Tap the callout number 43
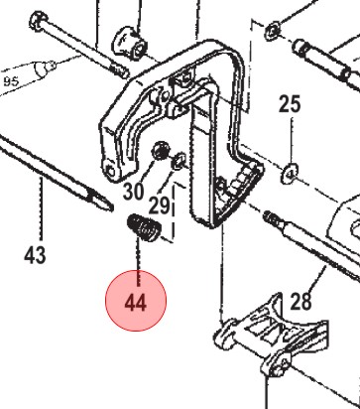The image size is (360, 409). (x=35, y=255)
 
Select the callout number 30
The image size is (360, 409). (x=134, y=191)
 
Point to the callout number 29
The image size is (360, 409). (x=159, y=205)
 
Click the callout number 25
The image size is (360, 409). (x=290, y=104)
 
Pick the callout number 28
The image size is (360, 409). (x=300, y=302)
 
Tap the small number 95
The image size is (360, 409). (x=11, y=81)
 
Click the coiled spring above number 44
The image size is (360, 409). (x=144, y=227)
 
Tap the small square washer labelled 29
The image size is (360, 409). (x=179, y=161)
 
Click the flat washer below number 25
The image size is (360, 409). (x=290, y=173)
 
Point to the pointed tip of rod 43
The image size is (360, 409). (x=111, y=207)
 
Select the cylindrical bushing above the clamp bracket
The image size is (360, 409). (x=131, y=43)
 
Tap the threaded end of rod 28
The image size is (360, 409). (x=272, y=217)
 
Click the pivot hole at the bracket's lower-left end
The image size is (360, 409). (x=110, y=171)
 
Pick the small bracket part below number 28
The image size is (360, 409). (x=271, y=337)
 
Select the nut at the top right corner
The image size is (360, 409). (x=273, y=32)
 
